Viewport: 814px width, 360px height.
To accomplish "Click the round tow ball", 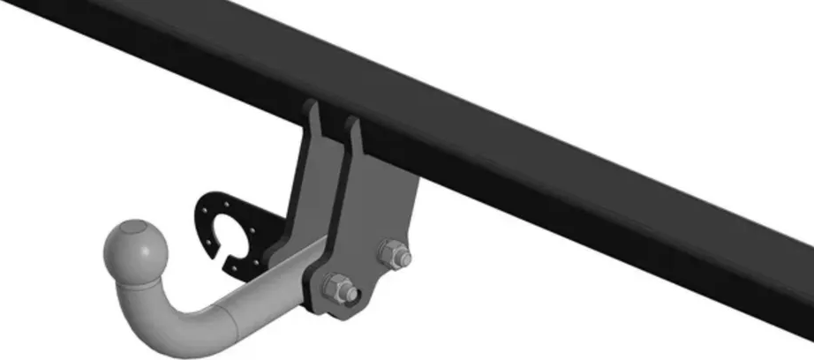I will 136,251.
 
